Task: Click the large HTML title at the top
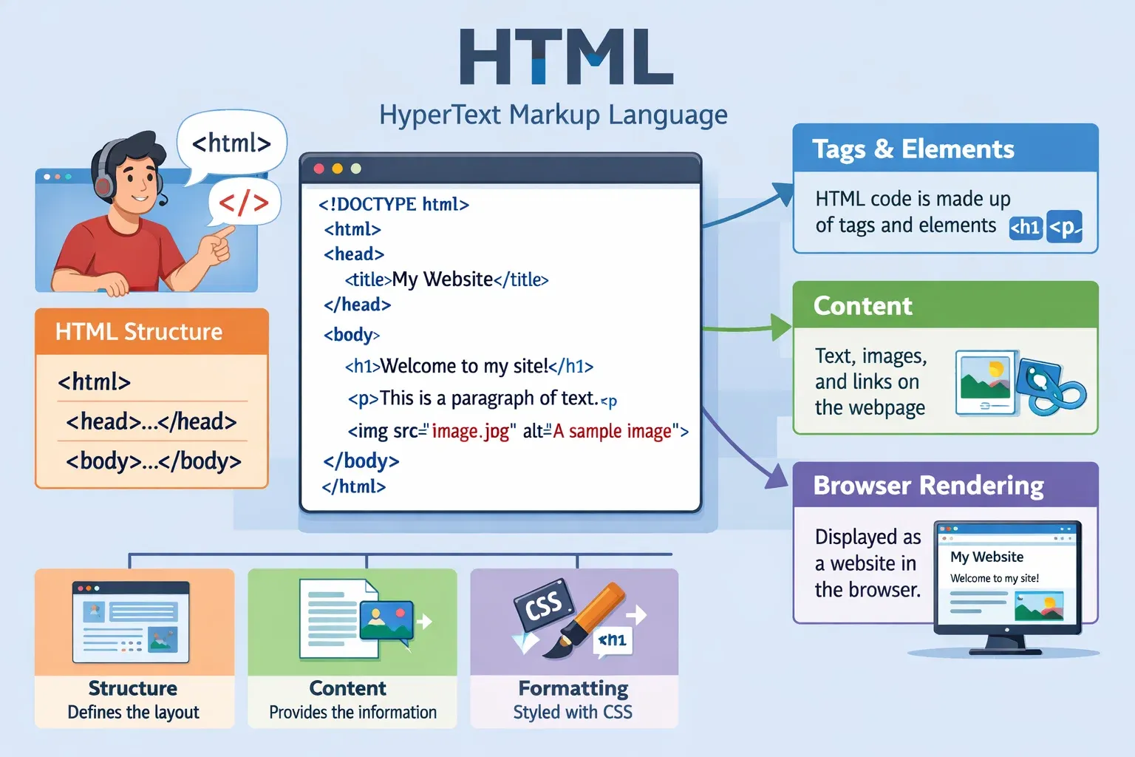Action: pyautogui.click(x=566, y=57)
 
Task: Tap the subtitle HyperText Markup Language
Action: pyautogui.click(x=553, y=115)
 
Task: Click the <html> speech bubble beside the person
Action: pyautogui.click(x=231, y=143)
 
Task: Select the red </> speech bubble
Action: pyautogui.click(x=243, y=202)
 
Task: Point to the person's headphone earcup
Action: pyautogui.click(x=104, y=183)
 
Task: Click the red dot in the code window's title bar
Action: pyautogui.click(x=319, y=169)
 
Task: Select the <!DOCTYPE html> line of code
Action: pyautogui.click(x=394, y=204)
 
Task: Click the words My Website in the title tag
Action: pyautogui.click(x=442, y=279)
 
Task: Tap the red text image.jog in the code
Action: pyautogui.click(x=471, y=431)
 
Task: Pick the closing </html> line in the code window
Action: pyautogui.click(x=354, y=486)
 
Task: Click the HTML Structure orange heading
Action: pyautogui.click(x=139, y=332)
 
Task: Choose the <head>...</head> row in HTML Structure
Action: pyautogui.click(x=151, y=421)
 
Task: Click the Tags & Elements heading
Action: pyautogui.click(x=913, y=149)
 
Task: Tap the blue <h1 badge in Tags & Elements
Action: pyautogui.click(x=1026, y=227)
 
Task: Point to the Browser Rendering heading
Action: pyautogui.click(x=928, y=486)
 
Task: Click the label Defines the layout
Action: pyautogui.click(x=133, y=713)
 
